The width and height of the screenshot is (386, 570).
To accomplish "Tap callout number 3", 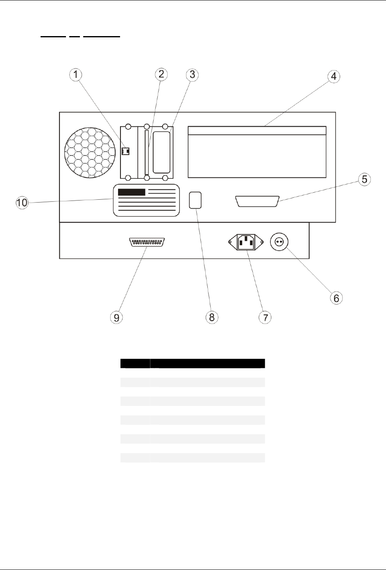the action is tap(192, 75).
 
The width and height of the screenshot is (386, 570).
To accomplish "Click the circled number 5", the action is tap(365, 180).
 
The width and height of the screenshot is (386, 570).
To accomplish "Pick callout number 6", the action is tap(336, 298).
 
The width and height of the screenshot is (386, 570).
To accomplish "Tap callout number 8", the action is tap(212, 317).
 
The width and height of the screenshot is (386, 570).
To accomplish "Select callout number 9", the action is tap(117, 317).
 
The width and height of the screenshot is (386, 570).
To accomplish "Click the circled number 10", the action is tap(22, 202).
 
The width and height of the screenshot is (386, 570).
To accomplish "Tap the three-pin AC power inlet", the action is tap(245, 242).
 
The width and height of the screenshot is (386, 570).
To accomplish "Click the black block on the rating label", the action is tap(132, 192).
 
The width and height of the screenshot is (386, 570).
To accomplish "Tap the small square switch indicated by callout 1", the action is tap(126, 152).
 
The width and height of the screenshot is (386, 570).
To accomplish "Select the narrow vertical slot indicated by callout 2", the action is tap(146, 152).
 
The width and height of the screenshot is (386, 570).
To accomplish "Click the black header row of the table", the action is tap(193, 363).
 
